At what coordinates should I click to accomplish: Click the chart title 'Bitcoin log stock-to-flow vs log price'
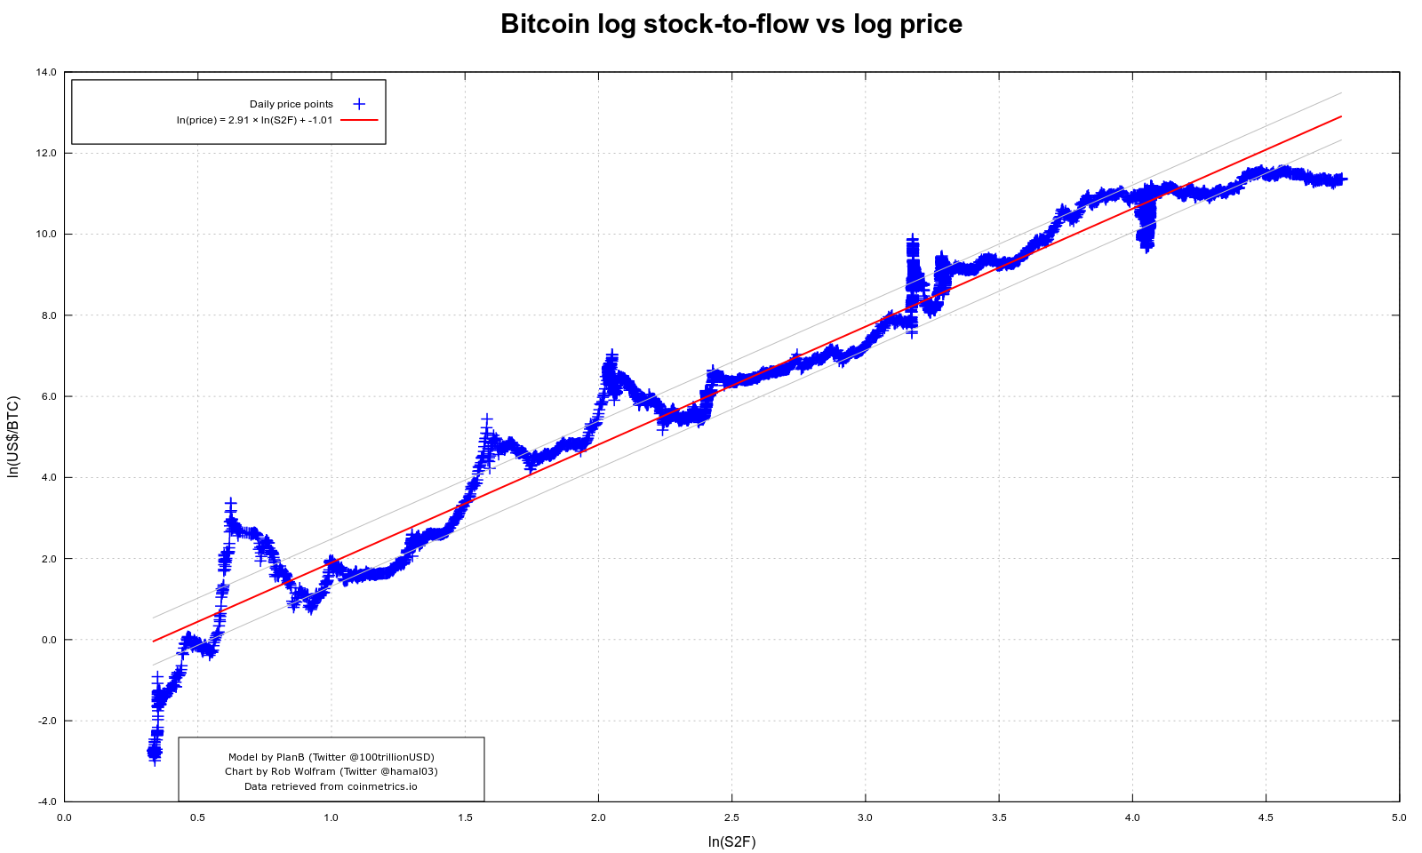pyautogui.click(x=731, y=24)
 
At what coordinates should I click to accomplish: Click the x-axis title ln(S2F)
pyautogui.click(x=731, y=841)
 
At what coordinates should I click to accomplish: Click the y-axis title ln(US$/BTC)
pyautogui.click(x=13, y=437)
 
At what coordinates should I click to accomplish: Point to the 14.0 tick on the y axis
pyautogui.click(x=46, y=72)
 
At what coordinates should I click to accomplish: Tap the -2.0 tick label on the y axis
pyautogui.click(x=46, y=721)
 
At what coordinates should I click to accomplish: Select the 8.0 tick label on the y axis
pyautogui.click(x=48, y=315)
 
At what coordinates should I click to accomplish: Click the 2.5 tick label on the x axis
pyautogui.click(x=731, y=817)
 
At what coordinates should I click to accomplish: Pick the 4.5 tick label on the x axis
pyautogui.click(x=1266, y=817)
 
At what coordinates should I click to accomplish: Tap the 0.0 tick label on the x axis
pyautogui.click(x=64, y=817)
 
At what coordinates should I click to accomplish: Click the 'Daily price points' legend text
pyautogui.click(x=291, y=104)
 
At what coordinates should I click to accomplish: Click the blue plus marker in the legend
pyautogui.click(x=359, y=104)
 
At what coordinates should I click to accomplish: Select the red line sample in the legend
pyautogui.click(x=359, y=119)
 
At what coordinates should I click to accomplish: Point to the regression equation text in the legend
pyautogui.click(x=254, y=120)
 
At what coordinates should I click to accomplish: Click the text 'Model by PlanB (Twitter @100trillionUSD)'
pyautogui.click(x=331, y=757)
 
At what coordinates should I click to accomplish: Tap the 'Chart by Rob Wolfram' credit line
pyautogui.click(x=331, y=771)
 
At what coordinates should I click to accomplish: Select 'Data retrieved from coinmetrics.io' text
pyautogui.click(x=331, y=786)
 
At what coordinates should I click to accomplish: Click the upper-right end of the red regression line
pyautogui.click(x=1340, y=116)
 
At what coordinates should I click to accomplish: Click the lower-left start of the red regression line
pyautogui.click(x=154, y=641)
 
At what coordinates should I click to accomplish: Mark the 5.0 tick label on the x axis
pyautogui.click(x=1399, y=817)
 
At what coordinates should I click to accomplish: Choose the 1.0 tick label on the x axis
pyautogui.click(x=331, y=817)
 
